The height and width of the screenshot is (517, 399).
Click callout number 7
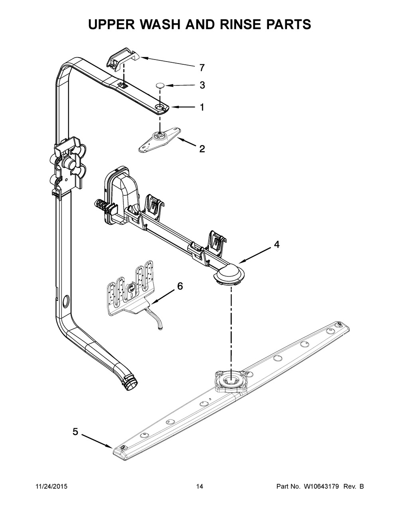pyautogui.click(x=202, y=68)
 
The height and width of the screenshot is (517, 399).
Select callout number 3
pyautogui.click(x=202, y=85)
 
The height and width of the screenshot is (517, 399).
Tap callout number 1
pyautogui.click(x=202, y=107)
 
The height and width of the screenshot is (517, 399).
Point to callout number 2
pyautogui.click(x=202, y=149)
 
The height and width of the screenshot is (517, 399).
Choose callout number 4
pyautogui.click(x=276, y=245)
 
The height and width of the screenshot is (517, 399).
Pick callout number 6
pyautogui.click(x=180, y=286)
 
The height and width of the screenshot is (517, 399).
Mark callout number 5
pyautogui.click(x=75, y=431)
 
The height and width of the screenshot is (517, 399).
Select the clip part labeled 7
pyautogui.click(x=122, y=59)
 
